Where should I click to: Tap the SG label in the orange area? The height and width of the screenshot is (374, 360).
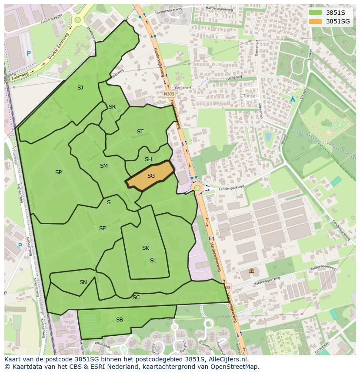[x=151, y=176]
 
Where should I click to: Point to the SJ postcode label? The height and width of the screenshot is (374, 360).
[x=80, y=88]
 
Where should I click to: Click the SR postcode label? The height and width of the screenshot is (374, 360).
[x=112, y=107]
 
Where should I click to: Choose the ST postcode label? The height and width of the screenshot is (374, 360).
[x=140, y=132]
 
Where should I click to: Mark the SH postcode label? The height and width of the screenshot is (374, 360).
[x=148, y=159]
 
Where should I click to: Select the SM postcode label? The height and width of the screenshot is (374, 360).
[x=103, y=166]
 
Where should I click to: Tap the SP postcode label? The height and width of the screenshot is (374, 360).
[x=58, y=172]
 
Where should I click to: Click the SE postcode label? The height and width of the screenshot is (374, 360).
[x=102, y=228]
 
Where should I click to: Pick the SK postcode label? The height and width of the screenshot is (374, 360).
[x=146, y=248]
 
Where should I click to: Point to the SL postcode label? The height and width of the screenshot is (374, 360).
[x=153, y=261]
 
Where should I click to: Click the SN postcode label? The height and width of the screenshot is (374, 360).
[x=83, y=282]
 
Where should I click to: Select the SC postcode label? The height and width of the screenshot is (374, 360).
[x=136, y=298]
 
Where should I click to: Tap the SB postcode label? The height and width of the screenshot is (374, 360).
[x=120, y=320]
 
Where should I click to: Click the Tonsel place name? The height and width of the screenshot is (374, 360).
[x=250, y=96]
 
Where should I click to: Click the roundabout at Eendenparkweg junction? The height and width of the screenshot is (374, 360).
[x=197, y=188]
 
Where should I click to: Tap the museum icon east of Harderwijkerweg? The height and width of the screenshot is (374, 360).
[x=251, y=271]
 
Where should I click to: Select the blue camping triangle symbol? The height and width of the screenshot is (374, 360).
[x=293, y=99]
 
